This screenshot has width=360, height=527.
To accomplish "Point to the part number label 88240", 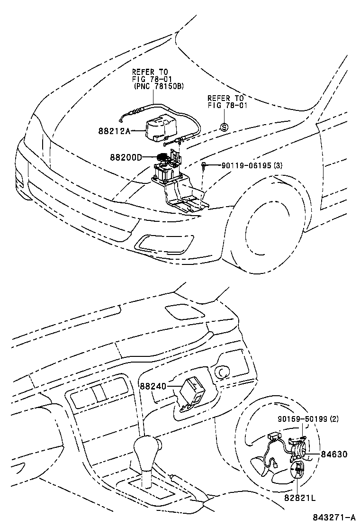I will pos(153,386).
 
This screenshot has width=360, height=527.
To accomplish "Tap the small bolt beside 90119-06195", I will pos(204,165).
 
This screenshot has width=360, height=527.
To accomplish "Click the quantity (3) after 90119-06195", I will pos(278,165).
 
